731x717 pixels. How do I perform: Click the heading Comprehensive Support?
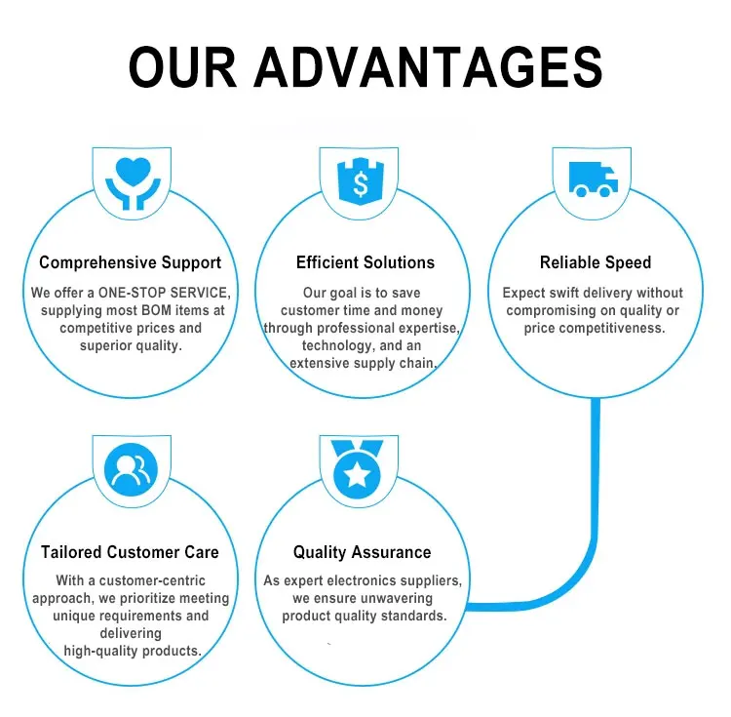click(130, 262)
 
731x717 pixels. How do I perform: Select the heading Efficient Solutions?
click(365, 262)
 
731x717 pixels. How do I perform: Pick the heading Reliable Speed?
click(596, 262)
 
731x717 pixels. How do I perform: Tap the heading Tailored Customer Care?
click(130, 552)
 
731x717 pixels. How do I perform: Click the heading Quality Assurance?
click(362, 552)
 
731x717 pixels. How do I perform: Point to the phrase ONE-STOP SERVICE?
click(165, 293)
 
